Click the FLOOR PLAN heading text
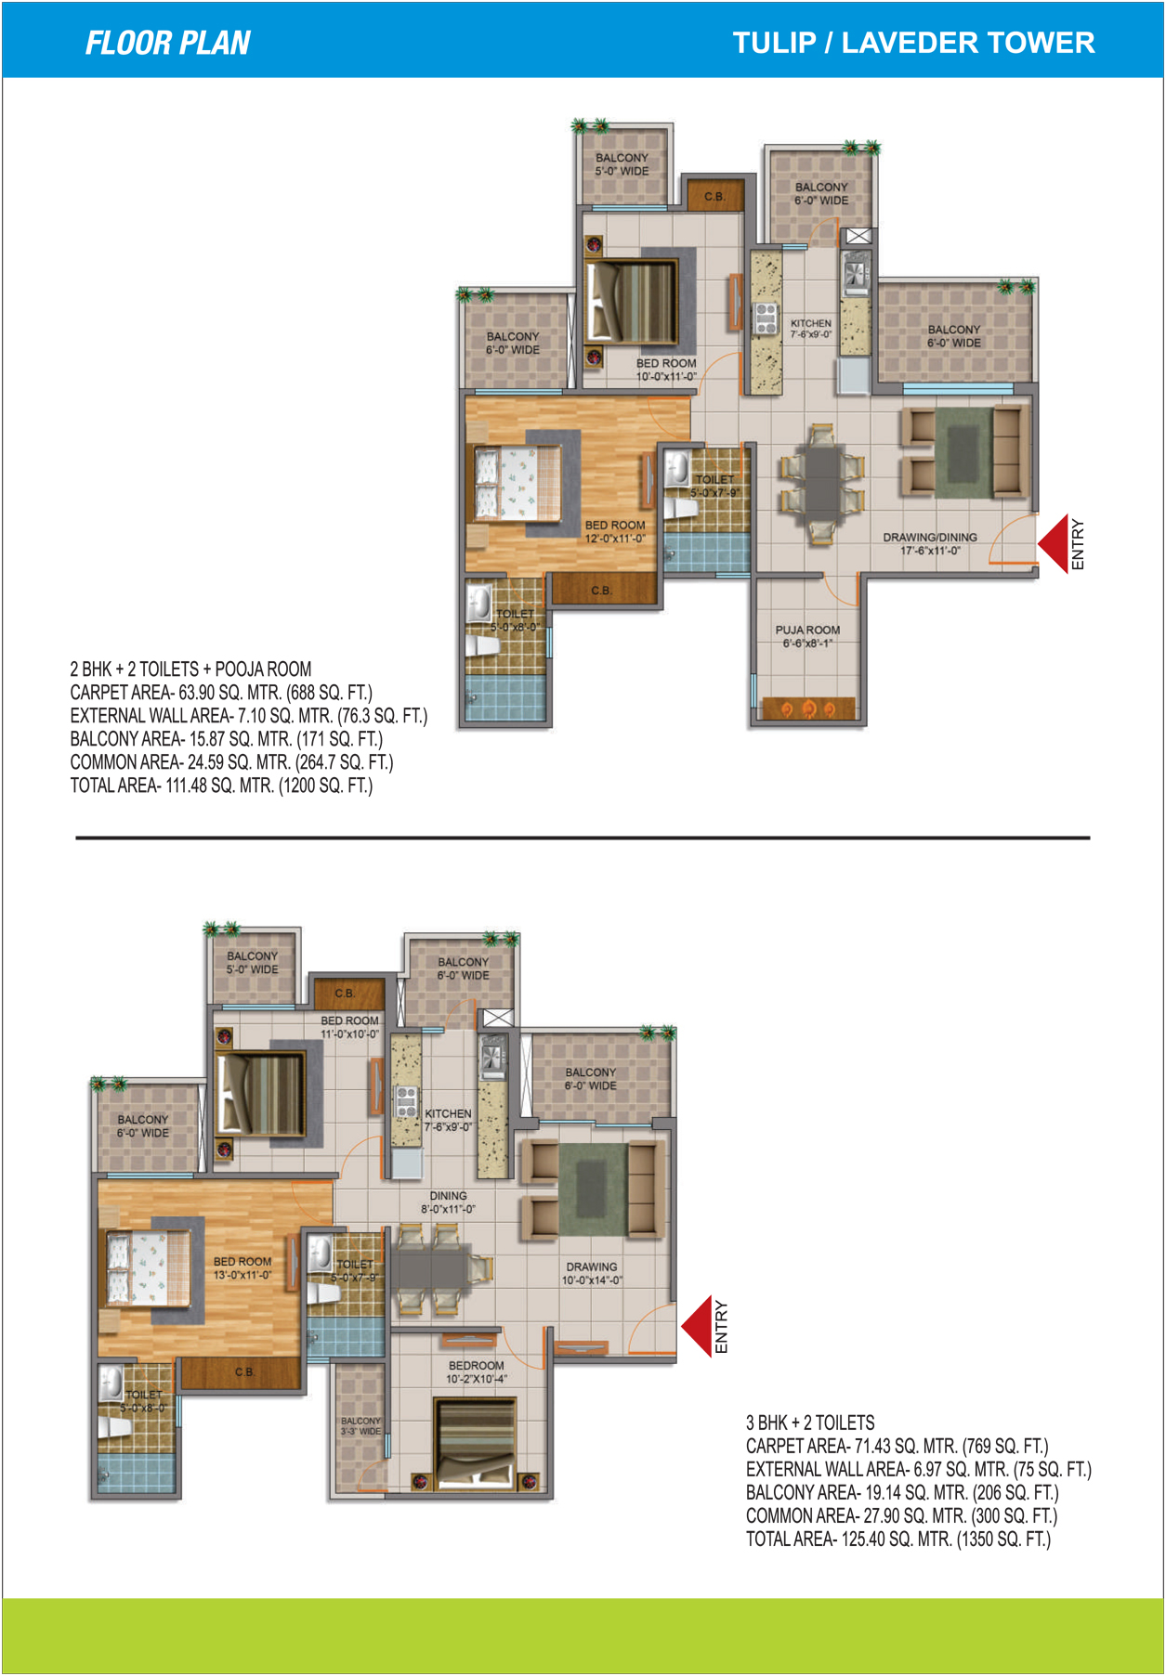click(168, 44)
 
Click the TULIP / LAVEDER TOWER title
click(913, 43)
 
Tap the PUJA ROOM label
click(807, 636)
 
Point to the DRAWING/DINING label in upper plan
click(930, 544)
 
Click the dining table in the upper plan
click(822, 483)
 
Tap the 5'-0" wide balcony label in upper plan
click(622, 164)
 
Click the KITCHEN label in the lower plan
click(448, 1120)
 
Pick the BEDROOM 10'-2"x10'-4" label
click(476, 1372)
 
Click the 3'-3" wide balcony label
click(360, 1426)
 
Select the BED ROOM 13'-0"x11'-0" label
click(242, 1268)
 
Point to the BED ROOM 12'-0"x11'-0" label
click(614, 532)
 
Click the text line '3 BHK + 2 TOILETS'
click(810, 1423)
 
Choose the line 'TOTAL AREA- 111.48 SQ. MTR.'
click(221, 786)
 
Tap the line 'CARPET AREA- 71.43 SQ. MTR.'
click(897, 1446)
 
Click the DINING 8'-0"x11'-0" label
click(448, 1202)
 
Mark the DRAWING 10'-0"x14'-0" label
click(592, 1273)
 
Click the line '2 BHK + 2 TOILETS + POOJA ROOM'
click(190, 669)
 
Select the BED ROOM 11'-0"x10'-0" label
click(349, 1027)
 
